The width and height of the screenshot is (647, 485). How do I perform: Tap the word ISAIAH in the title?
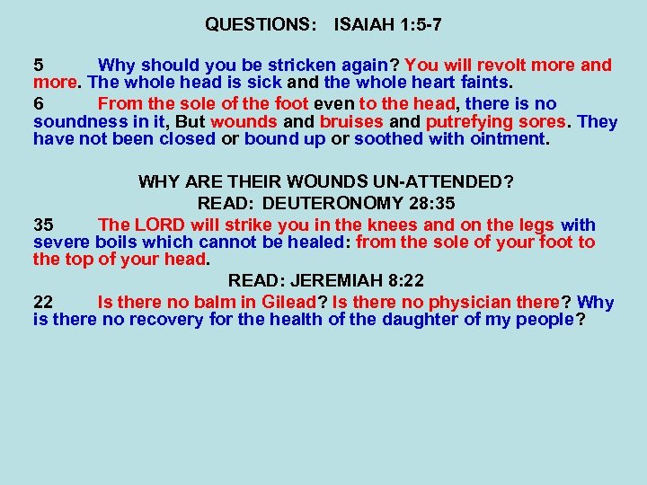click(x=362, y=24)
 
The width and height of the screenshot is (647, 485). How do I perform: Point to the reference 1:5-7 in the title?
click(x=418, y=24)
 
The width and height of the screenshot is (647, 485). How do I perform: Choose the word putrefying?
click(x=467, y=121)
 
